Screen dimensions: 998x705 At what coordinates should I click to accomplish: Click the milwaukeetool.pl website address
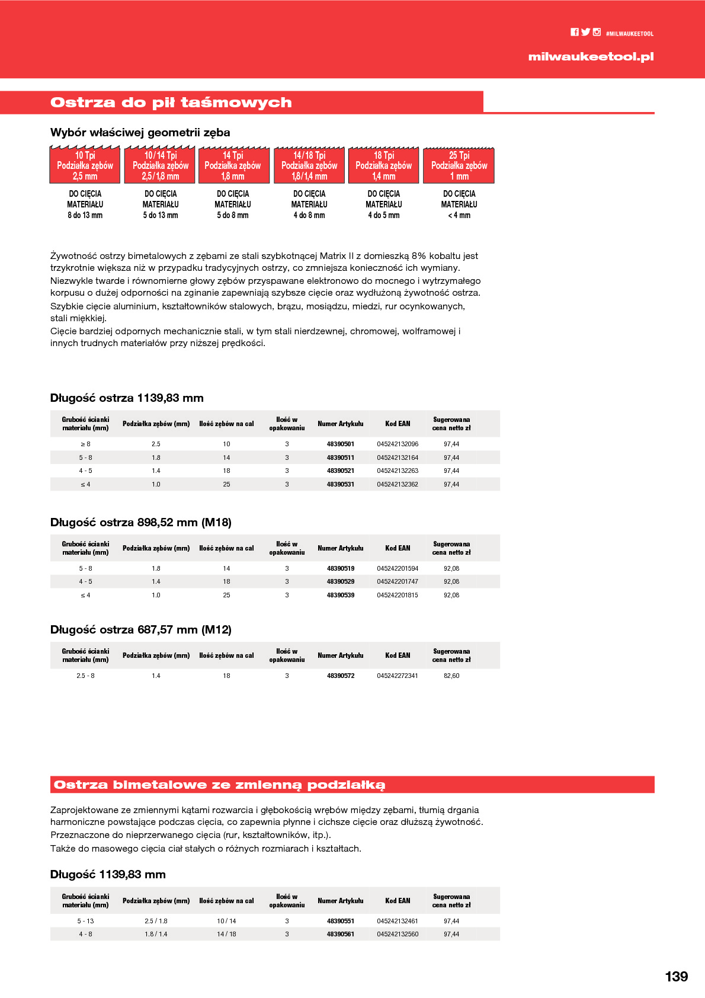point(591,57)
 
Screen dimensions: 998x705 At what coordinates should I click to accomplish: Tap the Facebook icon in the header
point(575,32)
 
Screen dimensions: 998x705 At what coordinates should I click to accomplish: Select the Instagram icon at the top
point(597,32)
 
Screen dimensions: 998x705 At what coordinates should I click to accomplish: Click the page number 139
point(676,977)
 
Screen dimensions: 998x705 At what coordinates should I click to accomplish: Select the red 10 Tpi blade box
point(85,165)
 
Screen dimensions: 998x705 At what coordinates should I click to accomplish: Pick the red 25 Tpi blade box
point(459,165)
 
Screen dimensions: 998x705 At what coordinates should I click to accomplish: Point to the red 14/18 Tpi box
point(309,165)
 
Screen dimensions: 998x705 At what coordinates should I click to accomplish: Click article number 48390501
point(341,444)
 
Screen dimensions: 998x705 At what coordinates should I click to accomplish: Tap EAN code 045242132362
point(398,484)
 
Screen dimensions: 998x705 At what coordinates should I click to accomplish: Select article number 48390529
point(341,581)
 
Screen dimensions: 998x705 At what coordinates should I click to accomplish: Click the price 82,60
point(451,676)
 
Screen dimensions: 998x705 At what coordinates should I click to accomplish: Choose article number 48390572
point(341,676)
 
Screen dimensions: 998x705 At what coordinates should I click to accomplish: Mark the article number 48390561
point(341,934)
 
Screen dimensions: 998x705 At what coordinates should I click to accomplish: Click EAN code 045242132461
point(398,921)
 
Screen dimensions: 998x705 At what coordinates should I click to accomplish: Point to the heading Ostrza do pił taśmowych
point(171,103)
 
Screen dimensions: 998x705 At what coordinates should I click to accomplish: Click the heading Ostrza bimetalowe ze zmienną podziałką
point(219,785)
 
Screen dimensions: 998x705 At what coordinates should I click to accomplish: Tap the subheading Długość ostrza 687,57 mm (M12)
point(141,629)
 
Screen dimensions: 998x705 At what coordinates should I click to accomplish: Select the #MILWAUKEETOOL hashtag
point(630,34)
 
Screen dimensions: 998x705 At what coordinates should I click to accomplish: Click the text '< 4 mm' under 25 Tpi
point(459,215)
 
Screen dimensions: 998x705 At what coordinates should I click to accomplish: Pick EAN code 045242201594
point(398,568)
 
